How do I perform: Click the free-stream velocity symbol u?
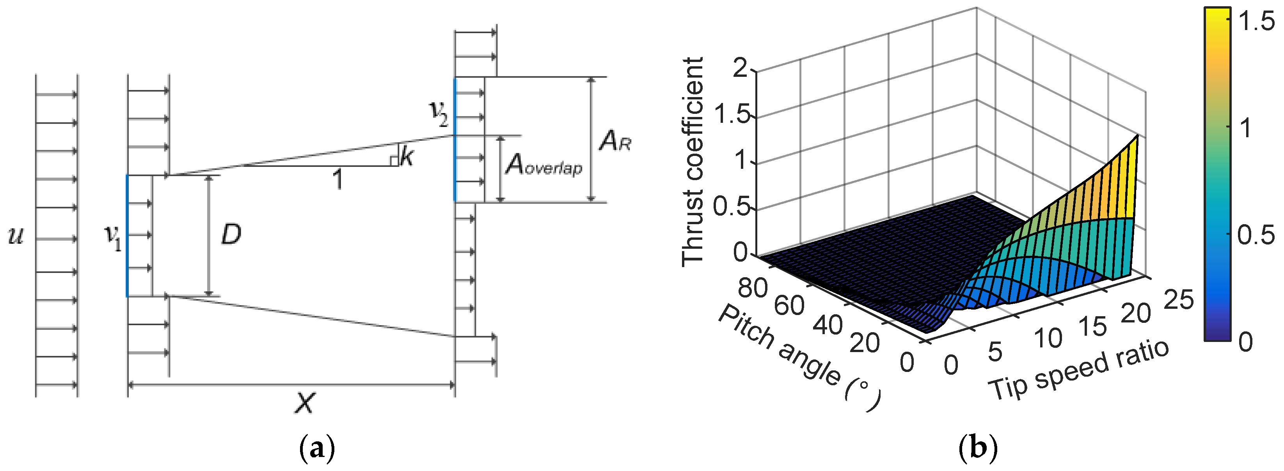pos(16,236)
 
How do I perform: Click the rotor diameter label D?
pos(231,234)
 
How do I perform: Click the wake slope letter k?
pos(406,158)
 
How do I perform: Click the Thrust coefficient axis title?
pos(693,162)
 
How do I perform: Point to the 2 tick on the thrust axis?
pos(741,68)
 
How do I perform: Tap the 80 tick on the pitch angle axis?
pos(752,288)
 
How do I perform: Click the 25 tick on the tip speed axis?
pos(1179,300)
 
